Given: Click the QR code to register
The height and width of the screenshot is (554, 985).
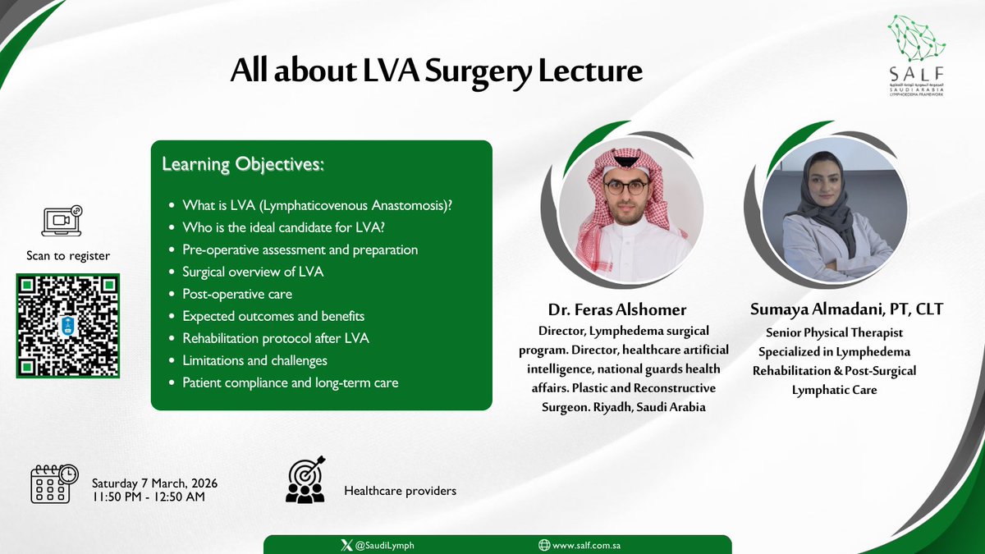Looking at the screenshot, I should pyautogui.click(x=67, y=326).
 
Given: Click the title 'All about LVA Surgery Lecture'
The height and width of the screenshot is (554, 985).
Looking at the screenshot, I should pyautogui.click(x=436, y=71).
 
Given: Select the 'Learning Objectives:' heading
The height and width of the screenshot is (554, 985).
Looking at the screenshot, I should pyautogui.click(x=243, y=165).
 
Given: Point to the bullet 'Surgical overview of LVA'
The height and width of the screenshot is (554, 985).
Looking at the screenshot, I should pyautogui.click(x=253, y=272).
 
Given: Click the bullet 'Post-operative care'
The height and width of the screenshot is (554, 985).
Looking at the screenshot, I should pyautogui.click(x=236, y=294).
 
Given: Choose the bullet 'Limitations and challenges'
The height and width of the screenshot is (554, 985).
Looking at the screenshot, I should pyautogui.click(x=254, y=360).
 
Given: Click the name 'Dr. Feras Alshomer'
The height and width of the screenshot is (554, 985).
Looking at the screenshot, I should pyautogui.click(x=616, y=309).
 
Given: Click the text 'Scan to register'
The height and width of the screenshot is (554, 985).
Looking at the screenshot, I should pyautogui.click(x=68, y=255).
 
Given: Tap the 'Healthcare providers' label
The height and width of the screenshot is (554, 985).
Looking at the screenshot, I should pyautogui.click(x=400, y=491).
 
